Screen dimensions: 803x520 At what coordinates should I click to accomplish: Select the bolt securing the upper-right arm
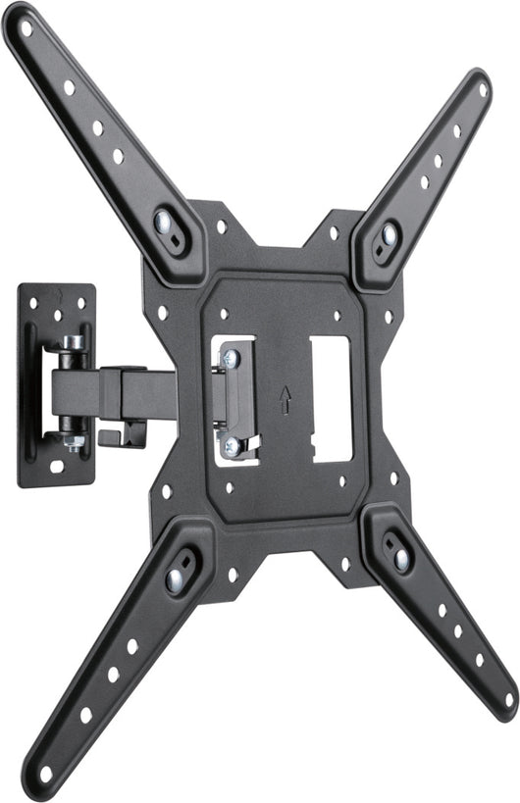[x=389, y=234]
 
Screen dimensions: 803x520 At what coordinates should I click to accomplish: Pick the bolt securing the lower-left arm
[x=176, y=577]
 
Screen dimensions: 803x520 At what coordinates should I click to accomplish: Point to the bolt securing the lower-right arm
[x=400, y=557]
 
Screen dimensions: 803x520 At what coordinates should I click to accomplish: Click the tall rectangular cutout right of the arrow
[x=331, y=397]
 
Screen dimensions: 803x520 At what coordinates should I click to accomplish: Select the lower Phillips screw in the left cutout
[x=231, y=446]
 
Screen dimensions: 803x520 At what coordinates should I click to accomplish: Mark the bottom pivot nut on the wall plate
[x=72, y=442]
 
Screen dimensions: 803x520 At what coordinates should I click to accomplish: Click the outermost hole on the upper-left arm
[x=26, y=29]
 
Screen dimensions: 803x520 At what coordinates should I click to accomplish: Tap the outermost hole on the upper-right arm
[x=482, y=89]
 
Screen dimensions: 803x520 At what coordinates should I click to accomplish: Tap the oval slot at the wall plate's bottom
[x=57, y=466]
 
